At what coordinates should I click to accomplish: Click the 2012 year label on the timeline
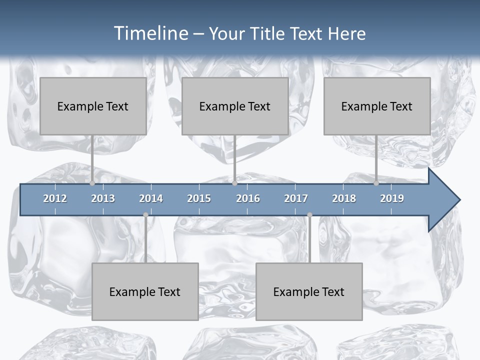coord(55,198)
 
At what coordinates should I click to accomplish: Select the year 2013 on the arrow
coord(103,198)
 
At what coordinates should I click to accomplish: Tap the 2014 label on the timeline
coord(151,198)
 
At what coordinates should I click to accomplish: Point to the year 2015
coord(199,198)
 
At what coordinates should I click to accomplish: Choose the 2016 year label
coord(248,198)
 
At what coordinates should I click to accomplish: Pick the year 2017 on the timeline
coord(296,198)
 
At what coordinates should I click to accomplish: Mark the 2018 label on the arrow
coord(344,198)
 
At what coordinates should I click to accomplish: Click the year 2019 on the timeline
coord(392,198)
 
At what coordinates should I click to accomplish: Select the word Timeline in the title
coord(150,33)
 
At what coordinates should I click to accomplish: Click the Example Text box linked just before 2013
coord(93,106)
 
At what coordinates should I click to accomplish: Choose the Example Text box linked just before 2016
coord(235,106)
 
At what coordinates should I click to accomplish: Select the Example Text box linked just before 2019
coord(377,106)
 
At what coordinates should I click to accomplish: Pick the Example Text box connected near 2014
coord(145,291)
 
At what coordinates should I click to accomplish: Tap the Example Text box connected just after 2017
coord(309,291)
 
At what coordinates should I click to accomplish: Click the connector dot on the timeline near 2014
coord(145,215)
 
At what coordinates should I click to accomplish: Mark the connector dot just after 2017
coord(309,215)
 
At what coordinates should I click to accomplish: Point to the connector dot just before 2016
coord(234,183)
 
